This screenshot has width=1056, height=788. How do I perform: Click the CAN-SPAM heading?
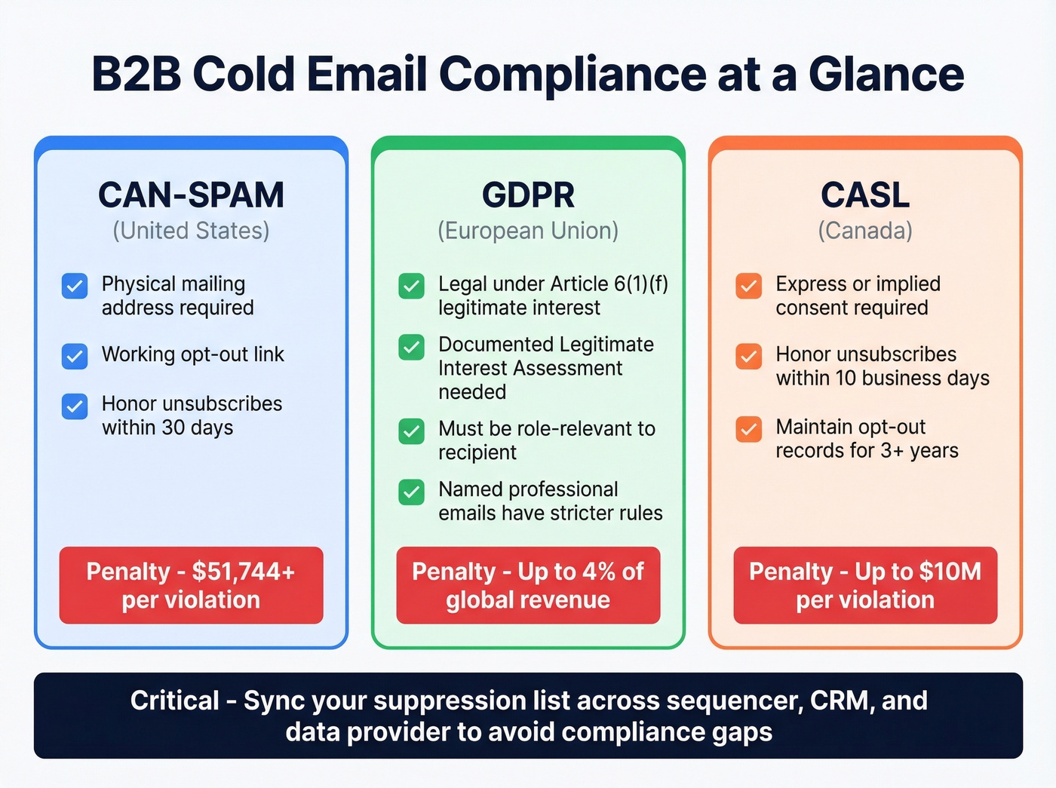coord(191,195)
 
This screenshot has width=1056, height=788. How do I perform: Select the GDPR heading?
coord(528,195)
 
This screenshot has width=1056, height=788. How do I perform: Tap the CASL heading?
coord(865,195)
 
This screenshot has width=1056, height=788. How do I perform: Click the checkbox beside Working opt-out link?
coord(75,356)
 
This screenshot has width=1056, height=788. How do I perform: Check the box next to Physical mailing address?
coord(75,287)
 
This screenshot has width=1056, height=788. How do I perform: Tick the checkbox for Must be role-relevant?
coord(411,431)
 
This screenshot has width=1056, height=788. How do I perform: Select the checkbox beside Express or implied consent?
coord(748,287)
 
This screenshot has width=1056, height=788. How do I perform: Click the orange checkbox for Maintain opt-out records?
coord(748,429)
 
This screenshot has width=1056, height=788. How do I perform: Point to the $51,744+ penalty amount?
coord(243,572)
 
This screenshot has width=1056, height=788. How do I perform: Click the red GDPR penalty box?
coord(528,585)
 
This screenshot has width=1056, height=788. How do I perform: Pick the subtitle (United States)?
coord(191,231)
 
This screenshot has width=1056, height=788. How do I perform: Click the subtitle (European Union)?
coord(528,231)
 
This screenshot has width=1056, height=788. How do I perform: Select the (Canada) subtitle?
coord(865,231)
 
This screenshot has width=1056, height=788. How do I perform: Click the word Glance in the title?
coord(886,74)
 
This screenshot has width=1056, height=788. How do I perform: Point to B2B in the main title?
coord(136,74)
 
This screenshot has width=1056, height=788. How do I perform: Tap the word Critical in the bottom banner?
coord(174,701)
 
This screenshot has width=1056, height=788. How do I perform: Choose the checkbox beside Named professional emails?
coord(411,492)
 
